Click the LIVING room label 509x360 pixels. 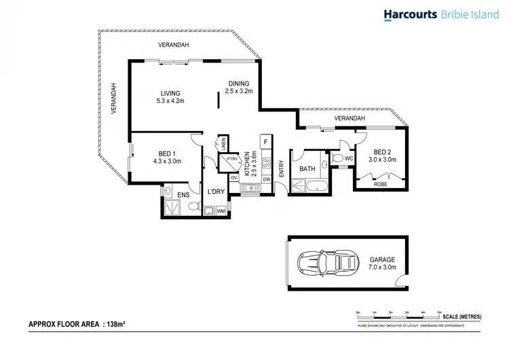coord(170,94)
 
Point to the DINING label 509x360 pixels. coord(238,84)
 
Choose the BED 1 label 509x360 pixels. coord(165,154)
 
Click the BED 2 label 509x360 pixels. coord(381,151)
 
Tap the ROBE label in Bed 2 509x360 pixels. coord(381,183)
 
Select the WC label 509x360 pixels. coord(349,158)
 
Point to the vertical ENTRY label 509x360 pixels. coord(281,168)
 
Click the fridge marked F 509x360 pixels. coord(265,141)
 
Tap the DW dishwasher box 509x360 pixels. coord(266,179)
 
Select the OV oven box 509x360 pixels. coord(234,179)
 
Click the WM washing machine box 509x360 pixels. coord(221,211)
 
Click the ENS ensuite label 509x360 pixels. coord(183,195)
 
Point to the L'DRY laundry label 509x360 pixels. coord(216,193)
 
